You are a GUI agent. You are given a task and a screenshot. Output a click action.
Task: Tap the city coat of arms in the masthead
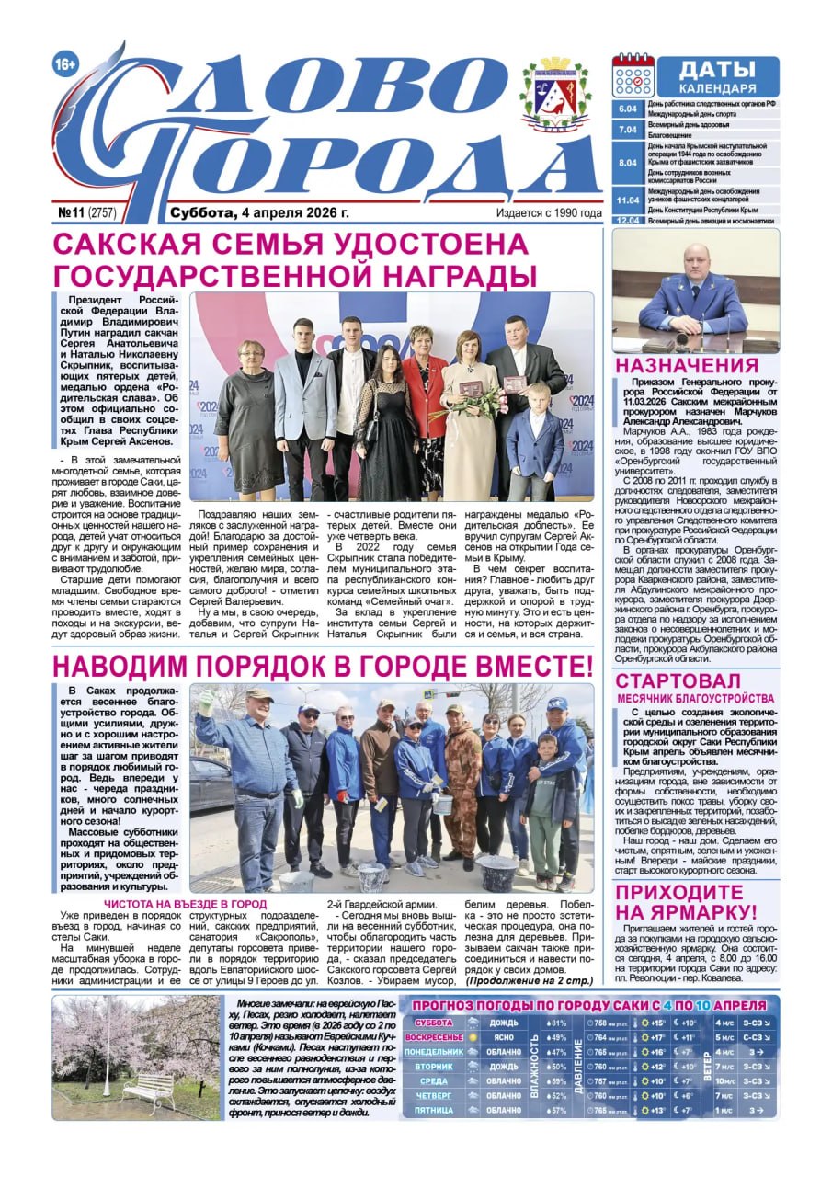click(x=554, y=95)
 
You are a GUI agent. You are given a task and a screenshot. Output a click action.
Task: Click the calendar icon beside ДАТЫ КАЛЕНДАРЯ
click(x=633, y=76)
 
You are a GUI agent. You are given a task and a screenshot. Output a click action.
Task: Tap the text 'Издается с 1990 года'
click(x=549, y=213)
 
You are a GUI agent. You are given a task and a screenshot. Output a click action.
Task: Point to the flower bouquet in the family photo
click(x=483, y=402)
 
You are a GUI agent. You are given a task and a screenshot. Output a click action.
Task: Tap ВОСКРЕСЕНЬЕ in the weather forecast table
click(x=433, y=1037)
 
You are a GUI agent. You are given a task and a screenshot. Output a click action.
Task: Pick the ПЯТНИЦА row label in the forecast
click(x=433, y=1110)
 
